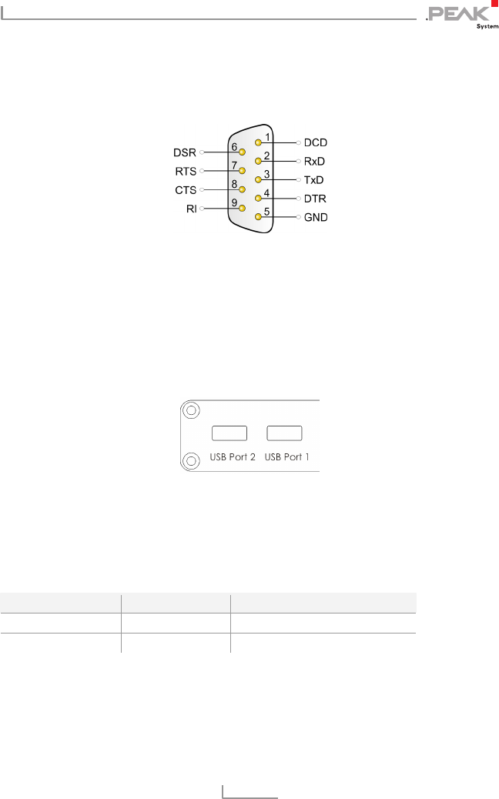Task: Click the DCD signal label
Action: click(x=316, y=143)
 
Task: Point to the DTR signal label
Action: click(x=316, y=199)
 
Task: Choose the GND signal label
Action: click(x=316, y=217)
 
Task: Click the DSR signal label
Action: click(x=186, y=152)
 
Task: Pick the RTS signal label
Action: click(x=186, y=171)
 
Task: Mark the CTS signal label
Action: click(x=186, y=189)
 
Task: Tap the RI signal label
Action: click(x=191, y=208)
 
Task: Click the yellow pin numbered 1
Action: click(x=259, y=143)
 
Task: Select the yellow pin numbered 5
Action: click(x=259, y=217)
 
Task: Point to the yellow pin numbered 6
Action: click(x=242, y=152)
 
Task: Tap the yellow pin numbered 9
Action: click(x=242, y=208)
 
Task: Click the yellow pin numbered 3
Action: click(x=259, y=180)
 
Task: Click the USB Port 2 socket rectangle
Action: click(x=229, y=433)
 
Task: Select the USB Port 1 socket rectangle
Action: click(x=284, y=433)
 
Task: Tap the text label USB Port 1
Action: click(x=287, y=456)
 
